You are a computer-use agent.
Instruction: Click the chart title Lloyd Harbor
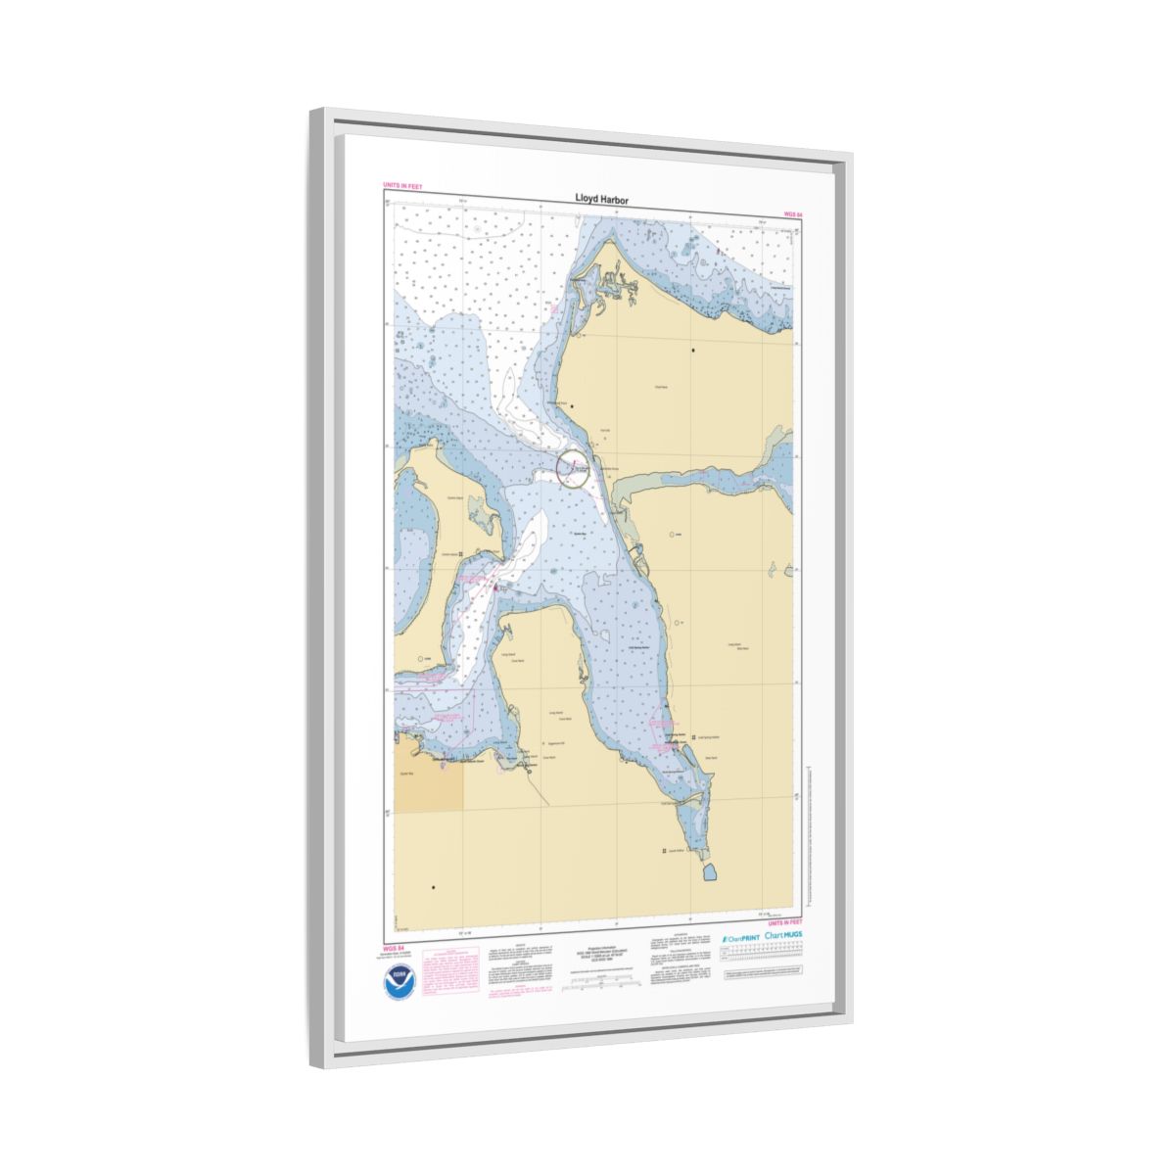(x=601, y=199)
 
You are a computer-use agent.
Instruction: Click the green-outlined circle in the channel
(x=573, y=469)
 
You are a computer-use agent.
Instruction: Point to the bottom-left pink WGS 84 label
(x=394, y=948)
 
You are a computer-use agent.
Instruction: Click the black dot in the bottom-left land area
(x=433, y=887)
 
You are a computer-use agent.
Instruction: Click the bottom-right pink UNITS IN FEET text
(x=785, y=922)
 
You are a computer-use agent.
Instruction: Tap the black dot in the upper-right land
(x=694, y=350)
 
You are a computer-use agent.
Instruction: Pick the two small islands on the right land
(x=777, y=570)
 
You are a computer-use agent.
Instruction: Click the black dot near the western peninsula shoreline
(x=573, y=406)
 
